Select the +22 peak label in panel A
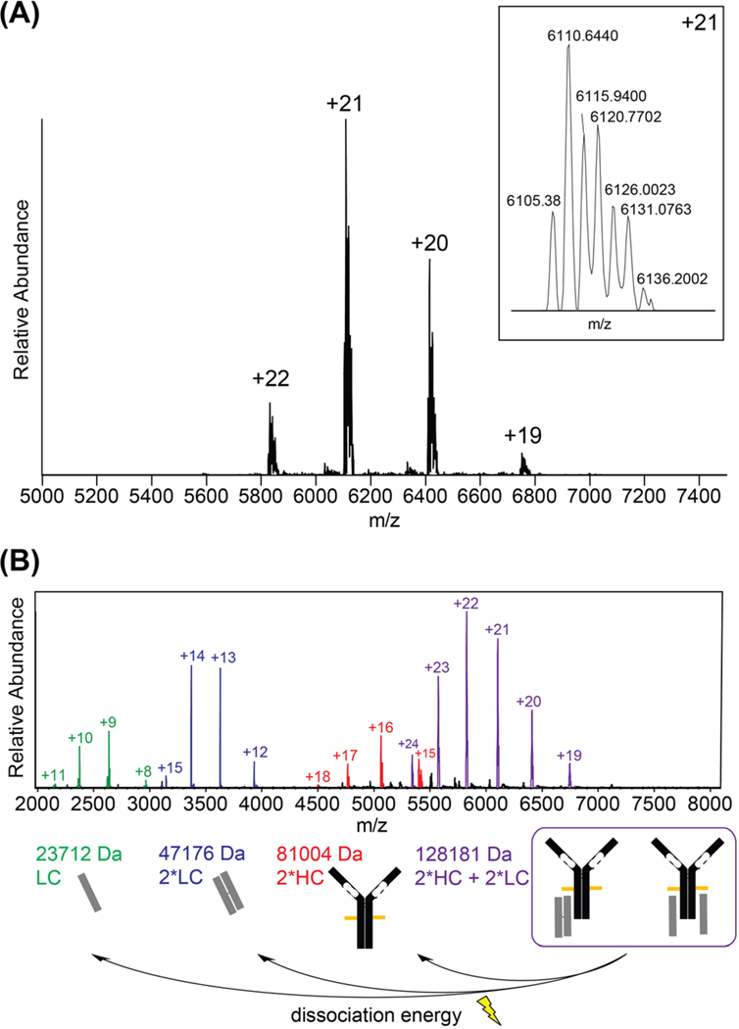click(270, 379)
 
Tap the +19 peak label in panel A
click(522, 434)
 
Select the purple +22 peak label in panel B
click(467, 604)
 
